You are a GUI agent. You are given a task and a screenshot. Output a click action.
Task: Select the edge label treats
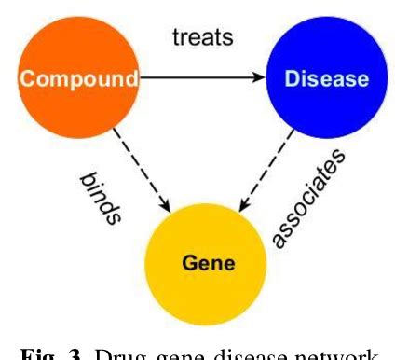201,37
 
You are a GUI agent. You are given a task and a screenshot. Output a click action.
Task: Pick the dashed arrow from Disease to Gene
263,173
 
